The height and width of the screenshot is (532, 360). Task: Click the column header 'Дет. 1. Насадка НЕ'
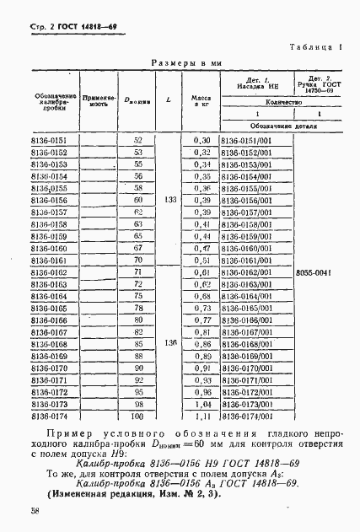(x=255, y=83)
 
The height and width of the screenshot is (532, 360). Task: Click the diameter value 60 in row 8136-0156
(x=138, y=201)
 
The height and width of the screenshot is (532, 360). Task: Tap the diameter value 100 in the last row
(x=138, y=416)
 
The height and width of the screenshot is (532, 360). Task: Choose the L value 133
(x=171, y=201)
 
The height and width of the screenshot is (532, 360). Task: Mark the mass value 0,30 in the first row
(x=201, y=140)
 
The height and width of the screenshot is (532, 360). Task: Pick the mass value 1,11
(x=201, y=416)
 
